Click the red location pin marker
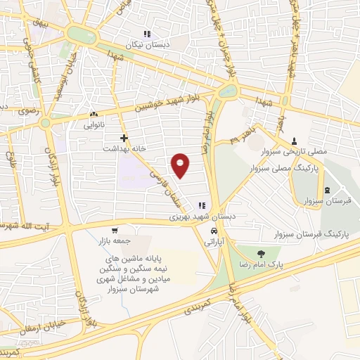(181, 165)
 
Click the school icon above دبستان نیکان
(147, 34)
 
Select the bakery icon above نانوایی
(94, 113)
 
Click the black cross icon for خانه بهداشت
(124, 139)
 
